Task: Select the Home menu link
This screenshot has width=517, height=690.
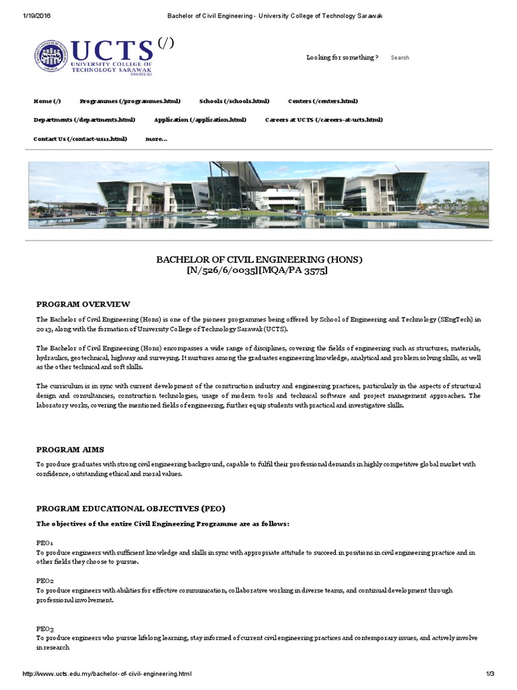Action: (47, 101)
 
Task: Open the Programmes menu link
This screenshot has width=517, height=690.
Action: (130, 101)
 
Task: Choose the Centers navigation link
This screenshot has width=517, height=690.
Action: (323, 101)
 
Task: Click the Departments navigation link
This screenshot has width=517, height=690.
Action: (84, 120)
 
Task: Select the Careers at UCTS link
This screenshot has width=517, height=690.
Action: (324, 120)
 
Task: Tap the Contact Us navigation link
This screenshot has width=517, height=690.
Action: (79, 139)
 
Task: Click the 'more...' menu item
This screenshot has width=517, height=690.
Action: (156, 139)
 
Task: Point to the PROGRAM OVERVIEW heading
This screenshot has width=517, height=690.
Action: (83, 304)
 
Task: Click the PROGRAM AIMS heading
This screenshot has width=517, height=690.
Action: (70, 449)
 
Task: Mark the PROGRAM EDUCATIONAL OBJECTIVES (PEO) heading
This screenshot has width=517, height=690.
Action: (131, 508)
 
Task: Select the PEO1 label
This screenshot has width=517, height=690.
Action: (45, 542)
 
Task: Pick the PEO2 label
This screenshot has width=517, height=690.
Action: (45, 580)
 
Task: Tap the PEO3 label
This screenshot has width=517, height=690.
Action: (45, 627)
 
